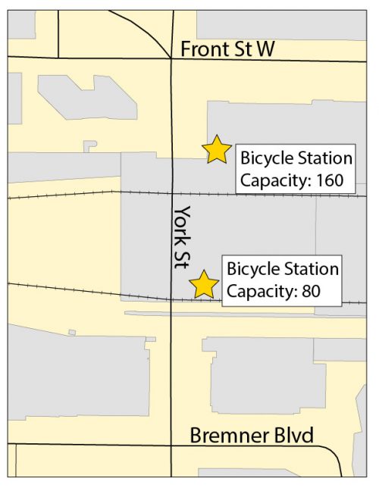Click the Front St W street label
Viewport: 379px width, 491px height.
coord(227,49)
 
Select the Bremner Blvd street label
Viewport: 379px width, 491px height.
coord(251,435)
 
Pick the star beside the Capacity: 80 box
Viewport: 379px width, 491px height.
coord(204,284)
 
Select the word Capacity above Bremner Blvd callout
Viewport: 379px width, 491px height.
coord(258,291)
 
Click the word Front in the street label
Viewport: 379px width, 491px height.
coord(201,49)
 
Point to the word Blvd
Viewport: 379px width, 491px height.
coord(293,435)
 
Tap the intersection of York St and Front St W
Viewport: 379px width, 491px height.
coord(172,58)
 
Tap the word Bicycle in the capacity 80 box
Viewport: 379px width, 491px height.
coord(252,269)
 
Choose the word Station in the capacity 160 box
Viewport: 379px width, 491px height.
coord(324,159)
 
